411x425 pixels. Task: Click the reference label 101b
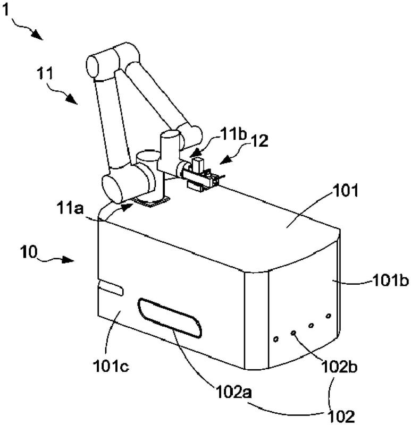(391, 280)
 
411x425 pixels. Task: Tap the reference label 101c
(111, 366)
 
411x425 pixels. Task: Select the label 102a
(234, 392)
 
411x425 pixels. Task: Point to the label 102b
(339, 367)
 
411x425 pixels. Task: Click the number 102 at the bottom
(341, 416)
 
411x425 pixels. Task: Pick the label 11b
(233, 134)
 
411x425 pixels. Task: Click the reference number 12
(259, 141)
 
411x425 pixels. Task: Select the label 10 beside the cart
(29, 252)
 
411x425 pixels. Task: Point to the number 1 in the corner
(6, 11)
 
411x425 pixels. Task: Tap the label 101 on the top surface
(346, 190)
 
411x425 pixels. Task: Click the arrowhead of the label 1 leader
(38, 36)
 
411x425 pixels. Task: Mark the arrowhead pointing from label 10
(69, 259)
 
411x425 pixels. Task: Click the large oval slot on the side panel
(170, 318)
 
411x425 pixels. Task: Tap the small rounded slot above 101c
(111, 287)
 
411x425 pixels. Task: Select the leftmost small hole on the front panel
(276, 339)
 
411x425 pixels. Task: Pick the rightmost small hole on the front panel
(328, 316)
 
